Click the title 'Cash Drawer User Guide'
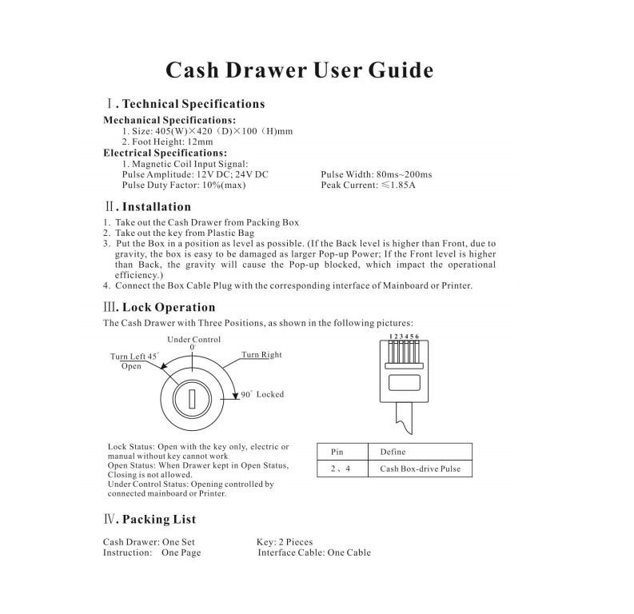click(300, 70)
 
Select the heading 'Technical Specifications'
click(193, 104)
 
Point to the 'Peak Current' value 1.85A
click(403, 185)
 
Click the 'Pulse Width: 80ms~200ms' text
click(377, 174)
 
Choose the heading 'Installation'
click(157, 207)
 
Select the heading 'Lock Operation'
click(169, 307)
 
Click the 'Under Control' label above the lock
click(194, 340)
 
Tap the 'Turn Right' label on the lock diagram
click(261, 354)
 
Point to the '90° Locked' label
click(262, 394)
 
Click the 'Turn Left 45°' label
click(134, 356)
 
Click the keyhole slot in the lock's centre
click(192, 399)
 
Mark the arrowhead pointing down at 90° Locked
click(235, 396)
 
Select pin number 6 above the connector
click(417, 337)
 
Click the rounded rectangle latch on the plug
click(405, 383)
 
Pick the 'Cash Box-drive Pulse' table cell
click(420, 468)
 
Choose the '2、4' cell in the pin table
click(342, 468)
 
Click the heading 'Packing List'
click(159, 520)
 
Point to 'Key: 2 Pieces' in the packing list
click(285, 542)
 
